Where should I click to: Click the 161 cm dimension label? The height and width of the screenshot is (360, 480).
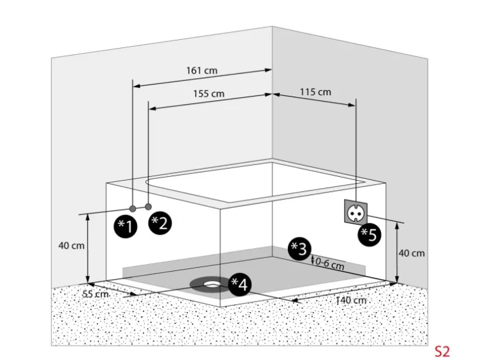201,70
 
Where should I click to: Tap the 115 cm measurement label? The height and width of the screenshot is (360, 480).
315,92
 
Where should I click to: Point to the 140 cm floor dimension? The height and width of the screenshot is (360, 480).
350,300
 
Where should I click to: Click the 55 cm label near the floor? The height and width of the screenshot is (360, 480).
95,293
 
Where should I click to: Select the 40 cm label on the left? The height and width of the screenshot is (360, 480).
71,245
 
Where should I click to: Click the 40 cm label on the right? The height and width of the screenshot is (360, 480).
412,253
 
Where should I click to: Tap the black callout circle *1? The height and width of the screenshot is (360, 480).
125,226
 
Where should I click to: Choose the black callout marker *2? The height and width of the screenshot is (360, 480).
160,222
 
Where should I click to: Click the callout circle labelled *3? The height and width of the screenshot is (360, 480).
299,249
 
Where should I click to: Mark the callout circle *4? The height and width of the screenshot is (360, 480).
240,284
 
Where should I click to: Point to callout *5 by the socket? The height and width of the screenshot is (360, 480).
368,234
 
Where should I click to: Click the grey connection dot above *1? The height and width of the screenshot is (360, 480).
133,207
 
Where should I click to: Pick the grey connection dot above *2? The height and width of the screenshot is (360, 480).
148,206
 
